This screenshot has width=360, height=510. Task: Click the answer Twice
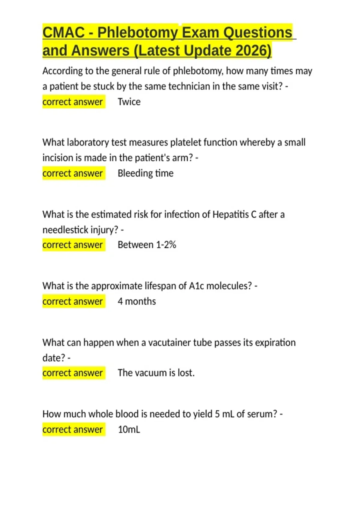point(129,102)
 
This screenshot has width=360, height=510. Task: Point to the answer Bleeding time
point(145,173)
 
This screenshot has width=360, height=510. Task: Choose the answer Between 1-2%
point(147,245)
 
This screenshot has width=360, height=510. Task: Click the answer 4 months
point(137,301)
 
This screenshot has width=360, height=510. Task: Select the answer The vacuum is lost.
point(156,373)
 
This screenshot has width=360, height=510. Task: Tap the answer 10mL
point(129,429)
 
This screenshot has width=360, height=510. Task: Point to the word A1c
point(196,286)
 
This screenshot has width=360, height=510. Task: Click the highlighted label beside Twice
point(73,102)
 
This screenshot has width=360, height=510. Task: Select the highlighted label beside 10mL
point(73,429)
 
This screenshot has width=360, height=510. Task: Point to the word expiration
point(275,342)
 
